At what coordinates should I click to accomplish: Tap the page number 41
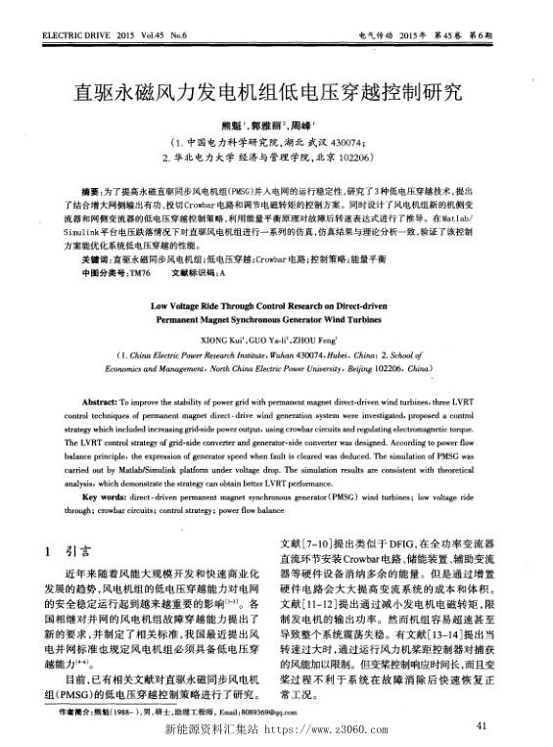(479, 725)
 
